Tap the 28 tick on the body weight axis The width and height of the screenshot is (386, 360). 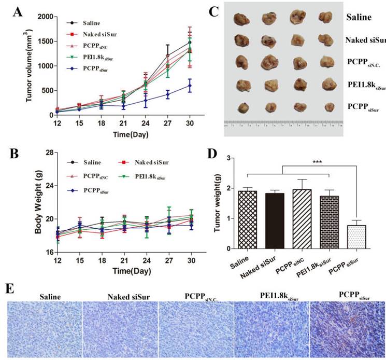pyautogui.click(x=49, y=152)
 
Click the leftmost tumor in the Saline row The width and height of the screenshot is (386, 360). pyautogui.click(x=240, y=19)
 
